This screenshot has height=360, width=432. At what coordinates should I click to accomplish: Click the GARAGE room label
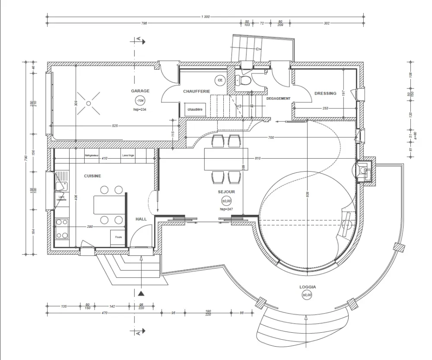pyautogui.click(x=140, y=91)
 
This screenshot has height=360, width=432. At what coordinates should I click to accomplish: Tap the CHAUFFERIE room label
pyautogui.click(x=197, y=92)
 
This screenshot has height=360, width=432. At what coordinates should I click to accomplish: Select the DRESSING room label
pyautogui.click(x=325, y=93)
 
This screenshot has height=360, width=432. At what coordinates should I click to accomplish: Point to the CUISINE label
pyautogui.click(x=92, y=176)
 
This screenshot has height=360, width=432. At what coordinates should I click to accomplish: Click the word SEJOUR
pyautogui.click(x=226, y=191)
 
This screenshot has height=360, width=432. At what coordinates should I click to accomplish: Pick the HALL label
pyautogui.click(x=141, y=219)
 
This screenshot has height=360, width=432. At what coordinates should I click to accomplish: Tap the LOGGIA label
pyautogui.click(x=308, y=287)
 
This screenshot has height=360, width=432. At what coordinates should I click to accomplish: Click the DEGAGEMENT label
pyautogui.click(x=278, y=99)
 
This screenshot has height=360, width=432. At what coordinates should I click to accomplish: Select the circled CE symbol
pyautogui.click(x=220, y=80)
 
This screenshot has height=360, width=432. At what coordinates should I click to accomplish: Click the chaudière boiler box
pyautogui.click(x=195, y=110)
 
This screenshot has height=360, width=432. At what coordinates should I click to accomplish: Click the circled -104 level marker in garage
pyautogui.click(x=140, y=101)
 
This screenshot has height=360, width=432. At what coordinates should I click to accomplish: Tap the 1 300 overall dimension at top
pyautogui.click(x=205, y=16)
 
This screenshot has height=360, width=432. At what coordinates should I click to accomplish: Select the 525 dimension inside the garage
pyautogui.click(x=115, y=126)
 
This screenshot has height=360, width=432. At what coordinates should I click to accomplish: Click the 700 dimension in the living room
pyautogui.click(x=271, y=137)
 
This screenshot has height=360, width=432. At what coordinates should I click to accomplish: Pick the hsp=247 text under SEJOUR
pyautogui.click(x=226, y=209)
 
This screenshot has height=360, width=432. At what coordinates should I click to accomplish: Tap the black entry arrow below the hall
pyautogui.click(x=141, y=294)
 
